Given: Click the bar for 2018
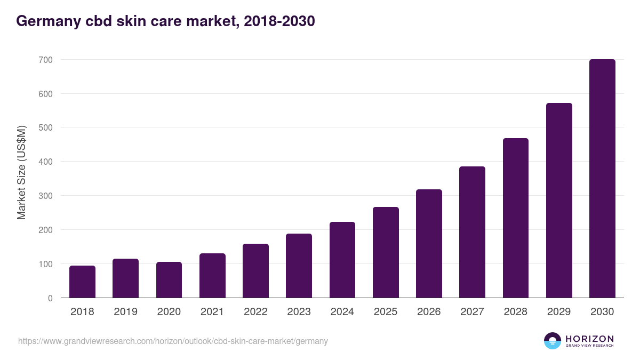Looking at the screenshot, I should click(x=82, y=282).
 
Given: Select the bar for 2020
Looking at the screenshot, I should click(x=169, y=280).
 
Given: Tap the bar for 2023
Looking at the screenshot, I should click(x=299, y=266).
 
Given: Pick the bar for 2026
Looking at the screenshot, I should click(x=429, y=244).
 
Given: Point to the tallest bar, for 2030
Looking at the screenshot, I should click(x=602, y=179).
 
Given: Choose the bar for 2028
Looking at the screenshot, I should click(x=516, y=218).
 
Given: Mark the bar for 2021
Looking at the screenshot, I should click(x=212, y=276).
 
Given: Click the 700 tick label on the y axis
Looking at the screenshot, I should click(x=45, y=60).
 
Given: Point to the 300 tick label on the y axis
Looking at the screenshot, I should click(x=45, y=196).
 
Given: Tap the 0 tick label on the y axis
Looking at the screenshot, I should click(x=50, y=298).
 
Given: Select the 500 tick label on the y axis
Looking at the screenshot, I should click(x=45, y=127).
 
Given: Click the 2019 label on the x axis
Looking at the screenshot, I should click(x=126, y=312).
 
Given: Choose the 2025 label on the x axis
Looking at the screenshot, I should click(x=386, y=312).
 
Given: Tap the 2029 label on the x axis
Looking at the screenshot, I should click(x=559, y=312).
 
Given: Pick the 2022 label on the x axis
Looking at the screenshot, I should click(x=255, y=312).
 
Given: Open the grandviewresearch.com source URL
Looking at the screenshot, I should click(x=173, y=341).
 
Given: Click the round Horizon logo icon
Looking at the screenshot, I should click(x=553, y=341).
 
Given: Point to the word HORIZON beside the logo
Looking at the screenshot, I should click(x=589, y=339).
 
